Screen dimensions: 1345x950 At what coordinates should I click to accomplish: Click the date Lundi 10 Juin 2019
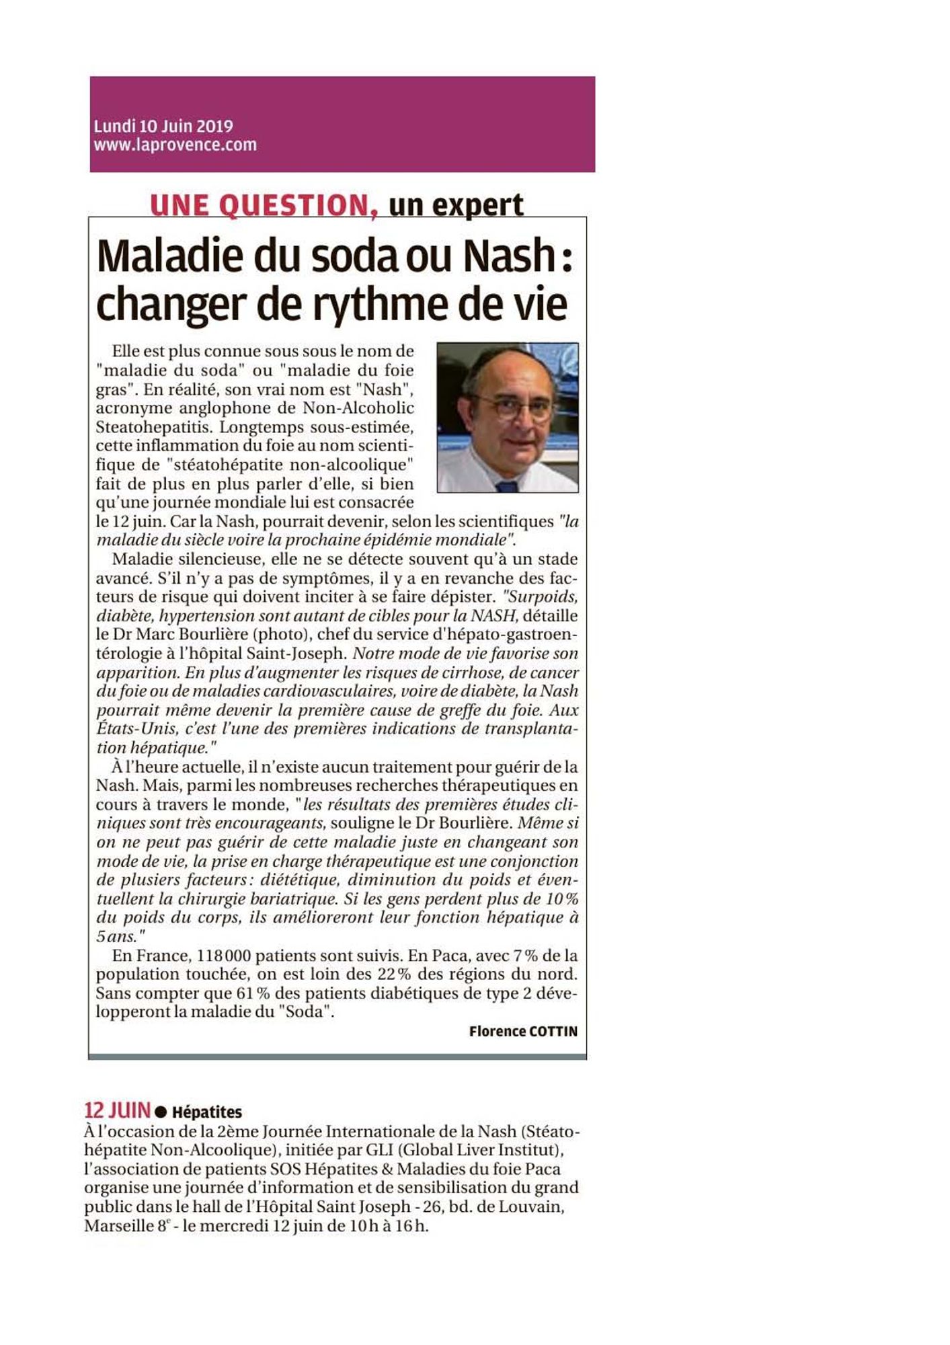point(163,126)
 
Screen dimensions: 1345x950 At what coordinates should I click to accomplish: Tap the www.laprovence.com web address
point(175,145)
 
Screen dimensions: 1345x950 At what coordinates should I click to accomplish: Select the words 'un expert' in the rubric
point(456,205)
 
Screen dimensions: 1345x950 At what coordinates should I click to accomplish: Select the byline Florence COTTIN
point(523,1032)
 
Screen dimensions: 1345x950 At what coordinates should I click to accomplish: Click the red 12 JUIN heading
point(118,1110)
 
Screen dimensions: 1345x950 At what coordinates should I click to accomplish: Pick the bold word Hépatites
point(207,1112)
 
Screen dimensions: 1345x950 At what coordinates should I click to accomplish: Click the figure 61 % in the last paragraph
point(253,993)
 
